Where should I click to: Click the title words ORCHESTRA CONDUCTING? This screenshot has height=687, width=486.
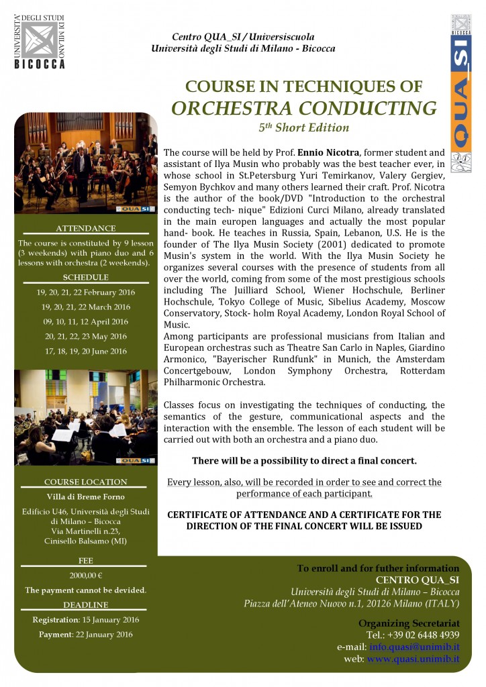point(304,108)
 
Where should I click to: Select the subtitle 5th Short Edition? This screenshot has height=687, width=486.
point(303,128)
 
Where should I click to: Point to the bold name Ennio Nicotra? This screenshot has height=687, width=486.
point(305,153)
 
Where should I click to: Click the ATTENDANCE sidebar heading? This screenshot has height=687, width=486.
point(85,228)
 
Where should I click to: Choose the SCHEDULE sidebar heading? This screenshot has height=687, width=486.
point(85,277)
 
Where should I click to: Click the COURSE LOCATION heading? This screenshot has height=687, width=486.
point(85,482)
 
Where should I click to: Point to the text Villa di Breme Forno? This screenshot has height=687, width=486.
point(85,497)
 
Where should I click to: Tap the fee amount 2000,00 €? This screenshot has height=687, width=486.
point(85,575)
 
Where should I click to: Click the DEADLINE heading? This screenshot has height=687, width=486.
point(85,605)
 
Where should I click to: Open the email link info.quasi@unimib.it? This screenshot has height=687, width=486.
point(414,647)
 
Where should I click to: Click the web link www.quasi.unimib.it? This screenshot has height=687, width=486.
point(413,659)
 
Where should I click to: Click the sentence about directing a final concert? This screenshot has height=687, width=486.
point(304,461)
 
